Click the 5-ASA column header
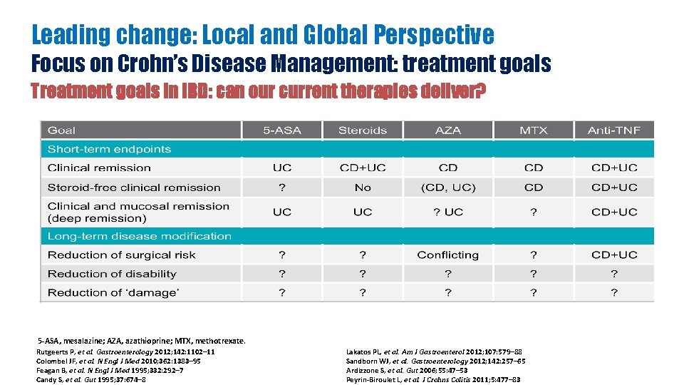coord(282,130)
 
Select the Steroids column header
coord(363,130)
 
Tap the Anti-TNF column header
coord(613,130)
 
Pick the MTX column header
coord(533,130)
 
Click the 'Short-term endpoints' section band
coord(109,149)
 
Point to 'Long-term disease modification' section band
coord(140,236)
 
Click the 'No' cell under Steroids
coord(363,188)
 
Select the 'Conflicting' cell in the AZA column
coord(447,255)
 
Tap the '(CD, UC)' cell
coord(448,188)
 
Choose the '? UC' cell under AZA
coord(448,212)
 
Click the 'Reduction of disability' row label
coord(112,274)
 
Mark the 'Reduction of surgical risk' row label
coord(121,255)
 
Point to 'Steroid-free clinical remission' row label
coord(134,188)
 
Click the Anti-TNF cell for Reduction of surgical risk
coord(614,255)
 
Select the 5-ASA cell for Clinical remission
coord(282,168)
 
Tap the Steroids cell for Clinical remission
coord(363,168)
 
